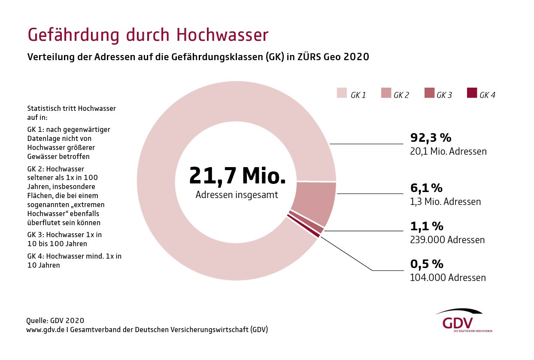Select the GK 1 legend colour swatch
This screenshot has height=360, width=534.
[x=342, y=93]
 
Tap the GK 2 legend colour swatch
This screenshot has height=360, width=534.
[x=385, y=93]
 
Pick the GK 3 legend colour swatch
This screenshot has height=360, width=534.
[x=429, y=93]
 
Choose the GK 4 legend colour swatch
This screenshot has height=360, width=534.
[x=472, y=93]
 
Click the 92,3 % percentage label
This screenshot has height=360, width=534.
[x=431, y=138]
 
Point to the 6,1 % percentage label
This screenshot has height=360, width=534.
[x=426, y=188]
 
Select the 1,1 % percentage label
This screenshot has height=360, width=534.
[x=427, y=226]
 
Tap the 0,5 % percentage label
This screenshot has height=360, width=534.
[x=427, y=264]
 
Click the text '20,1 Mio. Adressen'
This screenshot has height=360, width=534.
[x=448, y=152]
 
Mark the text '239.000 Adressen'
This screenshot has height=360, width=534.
[x=447, y=240]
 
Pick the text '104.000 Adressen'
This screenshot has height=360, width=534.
[x=448, y=278]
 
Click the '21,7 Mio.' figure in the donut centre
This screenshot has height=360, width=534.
[x=237, y=175]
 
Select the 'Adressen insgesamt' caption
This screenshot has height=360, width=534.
[x=237, y=195]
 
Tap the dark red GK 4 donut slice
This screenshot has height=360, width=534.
[x=304, y=226]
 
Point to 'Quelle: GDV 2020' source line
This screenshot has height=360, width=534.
[x=55, y=320]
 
